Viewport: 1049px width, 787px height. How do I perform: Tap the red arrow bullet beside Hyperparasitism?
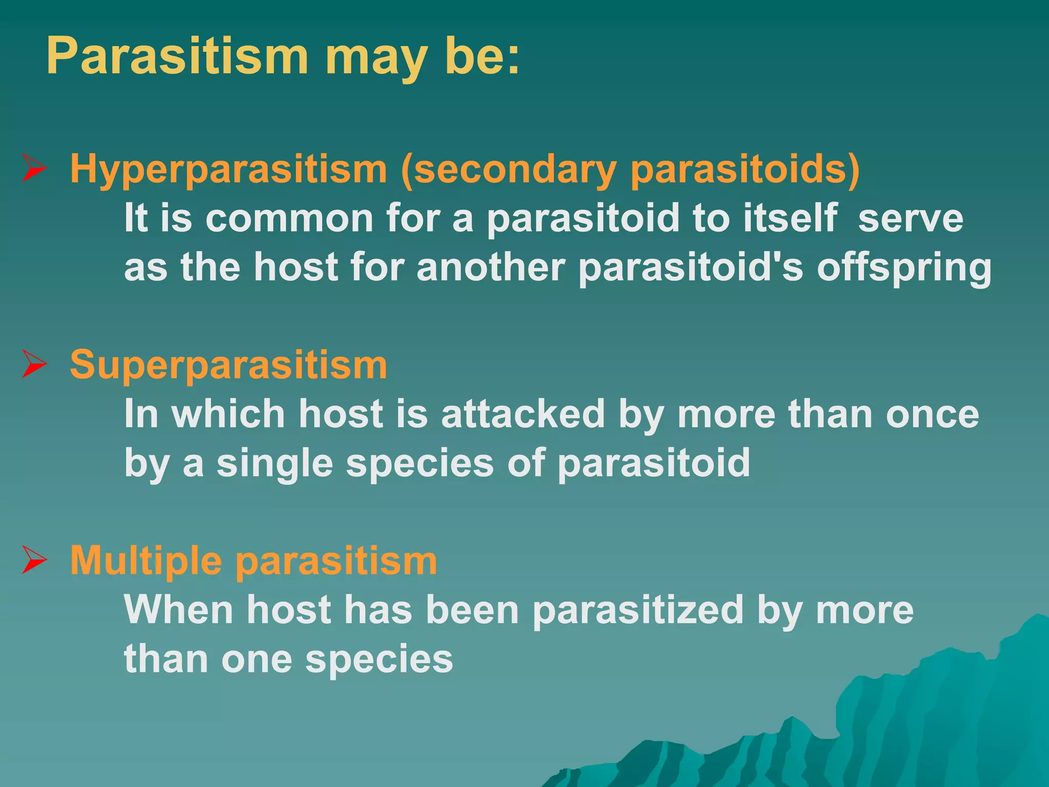pos(35,169)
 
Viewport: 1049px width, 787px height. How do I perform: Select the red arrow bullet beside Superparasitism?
pos(35,365)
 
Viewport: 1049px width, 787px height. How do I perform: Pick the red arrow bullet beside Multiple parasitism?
pos(35,561)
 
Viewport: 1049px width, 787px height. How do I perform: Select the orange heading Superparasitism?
pos(228,365)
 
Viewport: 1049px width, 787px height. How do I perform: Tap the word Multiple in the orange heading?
pos(146,561)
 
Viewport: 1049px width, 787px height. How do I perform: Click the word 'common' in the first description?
pos(289,218)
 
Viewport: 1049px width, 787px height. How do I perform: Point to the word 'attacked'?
pos(523,414)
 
